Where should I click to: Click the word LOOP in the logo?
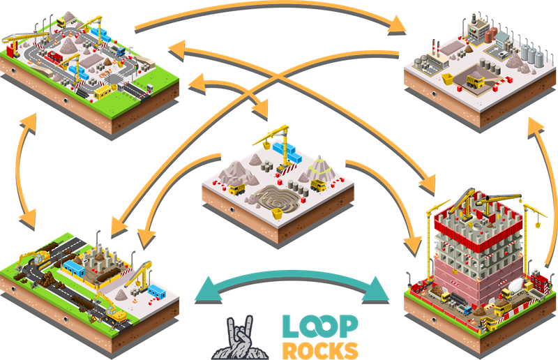point(320,325)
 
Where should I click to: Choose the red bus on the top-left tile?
point(54,56)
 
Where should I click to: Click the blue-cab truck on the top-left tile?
point(116,49)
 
